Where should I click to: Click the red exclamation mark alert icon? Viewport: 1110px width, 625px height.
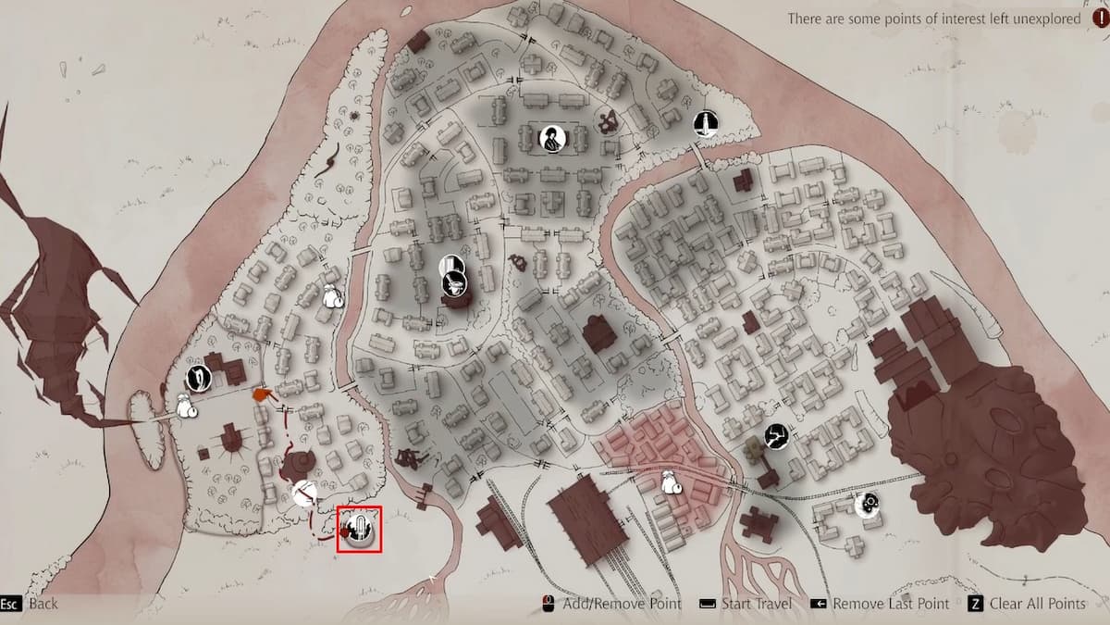click(1098, 19)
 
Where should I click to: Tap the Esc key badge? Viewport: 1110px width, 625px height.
click(10, 604)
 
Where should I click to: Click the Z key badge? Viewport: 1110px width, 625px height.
click(975, 604)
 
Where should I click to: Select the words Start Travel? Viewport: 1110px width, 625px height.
click(755, 604)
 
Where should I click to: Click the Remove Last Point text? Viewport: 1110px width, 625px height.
click(891, 604)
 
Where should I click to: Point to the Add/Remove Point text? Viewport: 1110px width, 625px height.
click(622, 604)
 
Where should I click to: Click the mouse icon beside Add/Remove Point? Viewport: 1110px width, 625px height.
click(548, 604)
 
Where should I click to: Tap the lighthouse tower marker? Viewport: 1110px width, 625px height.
click(706, 123)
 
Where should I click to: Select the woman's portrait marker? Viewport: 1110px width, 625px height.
click(552, 139)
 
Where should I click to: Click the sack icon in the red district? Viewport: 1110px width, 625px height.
click(672, 481)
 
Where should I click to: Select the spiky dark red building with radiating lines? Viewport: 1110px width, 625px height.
click(230, 439)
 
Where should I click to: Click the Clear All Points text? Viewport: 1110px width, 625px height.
click(1038, 604)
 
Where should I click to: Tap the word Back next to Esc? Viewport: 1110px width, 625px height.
click(43, 604)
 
